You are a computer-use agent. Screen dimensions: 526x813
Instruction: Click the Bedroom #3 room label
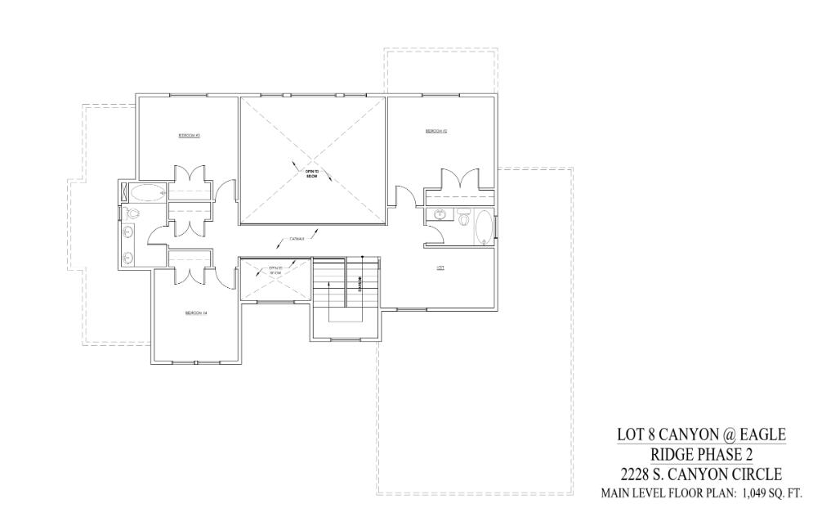click(x=190, y=135)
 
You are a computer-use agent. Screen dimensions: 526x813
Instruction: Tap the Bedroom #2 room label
click(x=435, y=131)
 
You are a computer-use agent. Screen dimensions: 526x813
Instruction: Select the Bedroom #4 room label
click(x=196, y=312)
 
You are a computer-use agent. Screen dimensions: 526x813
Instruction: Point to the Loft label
click(x=440, y=267)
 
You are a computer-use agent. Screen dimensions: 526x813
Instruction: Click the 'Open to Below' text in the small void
click(x=275, y=271)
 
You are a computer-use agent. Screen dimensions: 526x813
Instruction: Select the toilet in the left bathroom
click(x=133, y=213)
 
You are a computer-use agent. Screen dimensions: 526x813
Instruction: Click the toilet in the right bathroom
click(x=463, y=219)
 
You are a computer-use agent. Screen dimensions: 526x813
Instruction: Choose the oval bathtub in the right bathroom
click(x=484, y=228)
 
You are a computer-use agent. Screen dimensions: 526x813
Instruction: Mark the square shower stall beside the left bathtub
click(x=124, y=193)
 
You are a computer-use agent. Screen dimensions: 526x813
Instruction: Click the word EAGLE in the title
click(x=758, y=434)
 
